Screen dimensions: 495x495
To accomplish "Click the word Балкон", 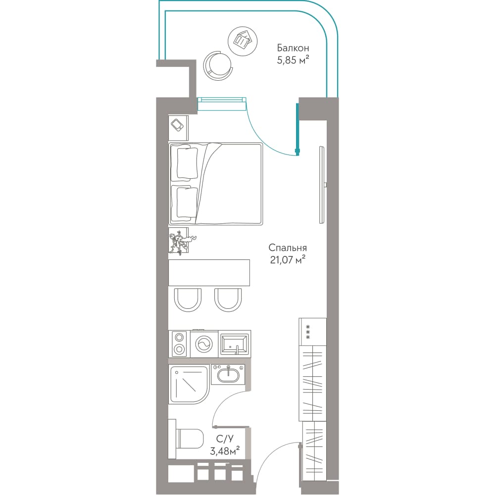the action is [293, 48].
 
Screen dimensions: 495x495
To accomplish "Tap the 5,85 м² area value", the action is [293, 60].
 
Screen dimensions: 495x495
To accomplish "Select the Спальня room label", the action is [287, 248].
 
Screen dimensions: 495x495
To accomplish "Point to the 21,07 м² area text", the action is [288, 260].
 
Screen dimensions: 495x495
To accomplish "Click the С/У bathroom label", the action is [225, 439].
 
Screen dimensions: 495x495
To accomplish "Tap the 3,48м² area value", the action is [225, 451].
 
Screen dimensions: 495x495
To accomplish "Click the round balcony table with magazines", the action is [243, 42].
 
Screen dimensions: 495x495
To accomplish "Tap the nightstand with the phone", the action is [178, 128].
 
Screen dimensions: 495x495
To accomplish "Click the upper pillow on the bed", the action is [187, 163].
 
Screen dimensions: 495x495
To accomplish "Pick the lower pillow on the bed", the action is [187, 202].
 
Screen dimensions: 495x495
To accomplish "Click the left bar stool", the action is [188, 300].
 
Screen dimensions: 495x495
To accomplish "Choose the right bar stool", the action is [228, 300].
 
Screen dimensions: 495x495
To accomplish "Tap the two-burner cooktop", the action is [179, 344].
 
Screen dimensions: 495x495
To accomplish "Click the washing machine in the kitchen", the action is [204, 344].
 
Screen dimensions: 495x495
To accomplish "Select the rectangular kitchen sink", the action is [235, 344].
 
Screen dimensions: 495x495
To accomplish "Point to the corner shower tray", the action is [189, 384].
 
